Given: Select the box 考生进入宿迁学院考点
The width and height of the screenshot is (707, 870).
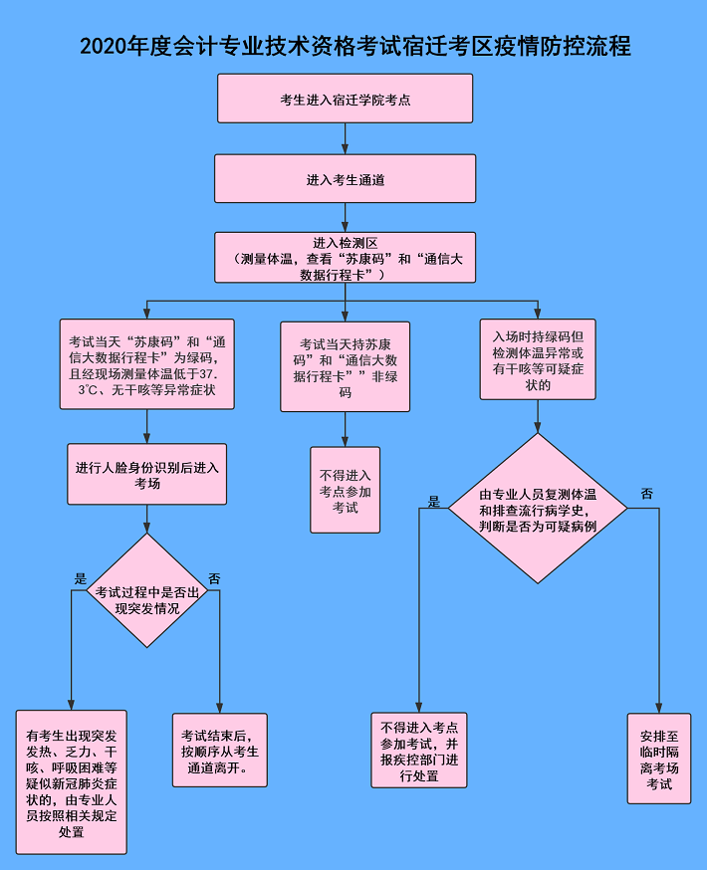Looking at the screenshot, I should click(x=345, y=99).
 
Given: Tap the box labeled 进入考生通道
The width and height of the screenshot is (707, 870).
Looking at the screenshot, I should click(x=345, y=179).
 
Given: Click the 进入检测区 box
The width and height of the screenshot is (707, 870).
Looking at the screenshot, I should click(x=345, y=259).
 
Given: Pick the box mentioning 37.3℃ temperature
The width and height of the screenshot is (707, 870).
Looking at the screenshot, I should click(x=146, y=365).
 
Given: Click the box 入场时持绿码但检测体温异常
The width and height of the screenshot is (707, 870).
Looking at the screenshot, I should click(x=538, y=358).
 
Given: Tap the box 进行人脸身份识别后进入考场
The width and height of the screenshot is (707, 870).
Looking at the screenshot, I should click(x=146, y=474).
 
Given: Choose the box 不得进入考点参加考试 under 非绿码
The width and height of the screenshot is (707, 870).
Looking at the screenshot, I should click(x=345, y=490).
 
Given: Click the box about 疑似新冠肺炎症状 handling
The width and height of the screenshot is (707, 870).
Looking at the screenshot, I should click(x=72, y=781).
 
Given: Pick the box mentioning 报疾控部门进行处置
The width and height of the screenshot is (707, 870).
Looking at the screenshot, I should click(x=418, y=751).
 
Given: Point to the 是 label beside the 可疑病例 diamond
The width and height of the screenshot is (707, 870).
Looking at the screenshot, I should click(x=434, y=502).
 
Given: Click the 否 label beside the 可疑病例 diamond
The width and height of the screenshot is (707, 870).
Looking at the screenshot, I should click(x=647, y=495).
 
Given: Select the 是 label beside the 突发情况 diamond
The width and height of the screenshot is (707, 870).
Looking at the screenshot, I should click(x=81, y=578).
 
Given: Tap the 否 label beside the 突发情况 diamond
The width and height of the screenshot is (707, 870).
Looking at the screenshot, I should click(x=214, y=578).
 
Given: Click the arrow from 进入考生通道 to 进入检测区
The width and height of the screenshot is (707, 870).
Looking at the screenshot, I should click(x=345, y=217).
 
